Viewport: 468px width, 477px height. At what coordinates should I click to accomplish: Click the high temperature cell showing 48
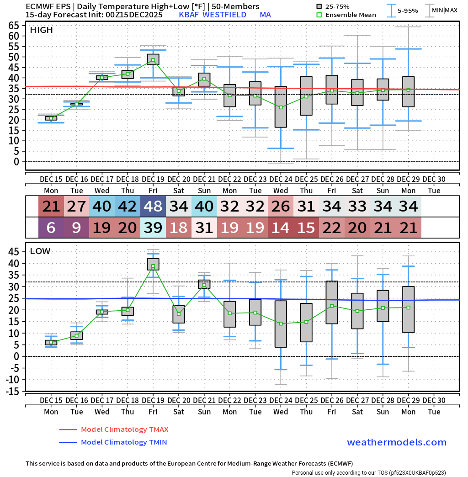click(153, 207)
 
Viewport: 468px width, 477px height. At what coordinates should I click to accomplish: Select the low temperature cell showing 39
click(153, 228)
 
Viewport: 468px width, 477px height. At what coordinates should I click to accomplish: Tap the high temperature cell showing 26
click(281, 207)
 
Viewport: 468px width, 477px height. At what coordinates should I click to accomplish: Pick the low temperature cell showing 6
click(51, 228)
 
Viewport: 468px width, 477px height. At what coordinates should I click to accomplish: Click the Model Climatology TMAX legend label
click(124, 429)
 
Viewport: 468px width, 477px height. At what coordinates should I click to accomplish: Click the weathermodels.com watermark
click(396, 442)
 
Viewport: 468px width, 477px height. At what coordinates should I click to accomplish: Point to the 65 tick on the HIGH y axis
click(14, 26)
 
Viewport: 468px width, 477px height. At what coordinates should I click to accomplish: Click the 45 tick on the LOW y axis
click(14, 252)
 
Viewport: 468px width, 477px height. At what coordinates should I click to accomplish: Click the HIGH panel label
click(41, 30)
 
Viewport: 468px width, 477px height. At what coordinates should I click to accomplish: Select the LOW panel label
click(40, 251)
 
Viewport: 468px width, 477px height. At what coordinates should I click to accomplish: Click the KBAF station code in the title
click(189, 15)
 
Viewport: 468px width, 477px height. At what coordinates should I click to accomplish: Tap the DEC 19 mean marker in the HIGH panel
click(153, 60)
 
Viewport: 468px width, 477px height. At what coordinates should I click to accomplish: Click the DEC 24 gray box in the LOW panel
click(281, 324)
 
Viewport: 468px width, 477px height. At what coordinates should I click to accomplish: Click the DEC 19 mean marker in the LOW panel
click(153, 266)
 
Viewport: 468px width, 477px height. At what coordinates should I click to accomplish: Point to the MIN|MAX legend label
click(445, 10)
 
